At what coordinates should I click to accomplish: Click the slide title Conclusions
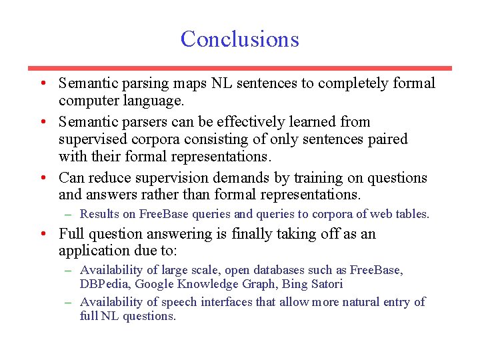point(239,39)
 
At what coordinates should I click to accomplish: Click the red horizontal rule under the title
point(239,68)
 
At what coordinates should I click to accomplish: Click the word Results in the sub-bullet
point(99,214)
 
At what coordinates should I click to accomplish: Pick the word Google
point(155,284)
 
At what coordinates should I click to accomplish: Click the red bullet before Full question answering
point(42,234)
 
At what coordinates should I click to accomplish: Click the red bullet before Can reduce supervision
point(42,178)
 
